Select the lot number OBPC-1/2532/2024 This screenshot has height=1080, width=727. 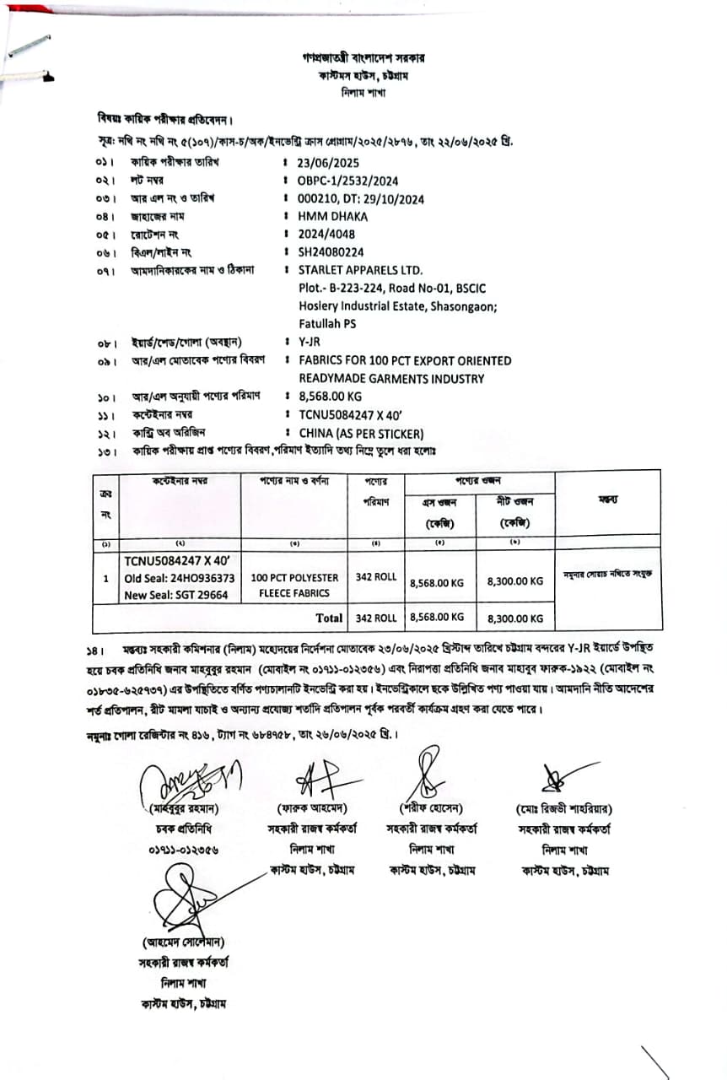pyautogui.click(x=347, y=181)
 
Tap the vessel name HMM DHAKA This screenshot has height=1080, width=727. pyautogui.click(x=332, y=216)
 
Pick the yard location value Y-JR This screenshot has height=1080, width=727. pyautogui.click(x=310, y=342)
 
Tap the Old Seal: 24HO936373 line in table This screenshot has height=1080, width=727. pyautogui.click(x=180, y=578)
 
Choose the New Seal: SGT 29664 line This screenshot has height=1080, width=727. pyautogui.click(x=176, y=594)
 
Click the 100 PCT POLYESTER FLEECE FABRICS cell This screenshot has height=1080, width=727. pyautogui.click(x=295, y=586)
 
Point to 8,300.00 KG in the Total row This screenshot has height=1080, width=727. pyautogui.click(x=515, y=618)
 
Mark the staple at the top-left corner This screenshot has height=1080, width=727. pyautogui.click(x=28, y=47)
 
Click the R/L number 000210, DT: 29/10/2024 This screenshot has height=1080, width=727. pyautogui.click(x=361, y=199)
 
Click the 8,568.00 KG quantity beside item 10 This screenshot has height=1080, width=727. pyautogui.click(x=331, y=397)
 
